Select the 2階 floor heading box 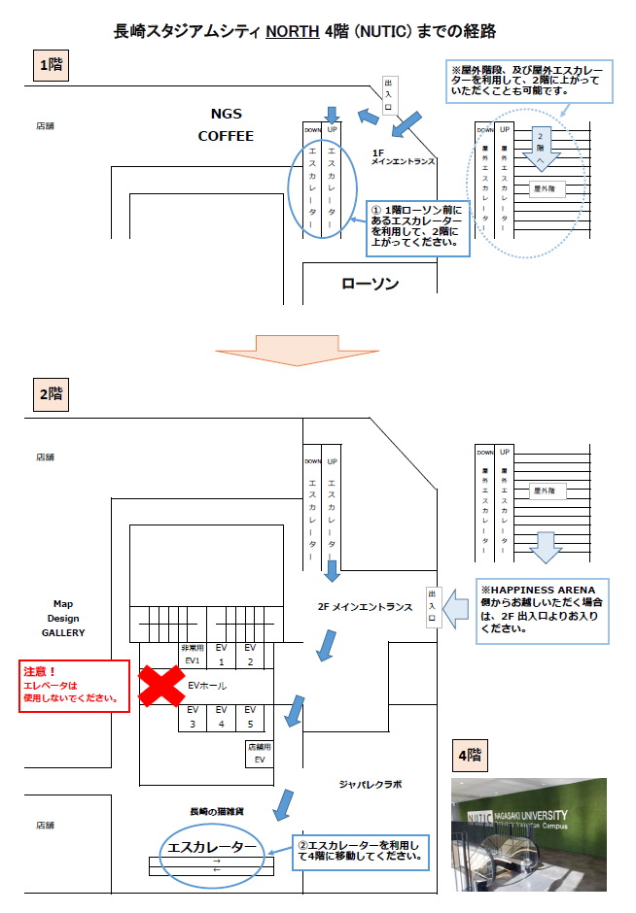pyautogui.click(x=50, y=394)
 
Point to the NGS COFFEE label pyautogui.click(x=226, y=125)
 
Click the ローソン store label pyautogui.click(x=370, y=284)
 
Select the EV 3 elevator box pyautogui.click(x=193, y=717)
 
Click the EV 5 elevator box pyautogui.click(x=250, y=717)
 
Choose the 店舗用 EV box pyautogui.click(x=258, y=753)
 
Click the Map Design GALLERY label pyautogui.click(x=63, y=618)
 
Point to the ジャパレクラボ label pyautogui.click(x=371, y=783)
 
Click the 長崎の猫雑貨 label pyautogui.click(x=216, y=810)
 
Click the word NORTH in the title pyautogui.click(x=292, y=32)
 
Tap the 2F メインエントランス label pyautogui.click(x=365, y=608)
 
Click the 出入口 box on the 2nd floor pyautogui.click(x=431, y=608)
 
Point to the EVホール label pyautogui.click(x=207, y=686)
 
